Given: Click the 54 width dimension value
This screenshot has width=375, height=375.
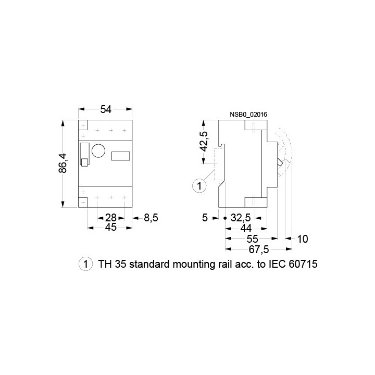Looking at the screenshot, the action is (106, 109).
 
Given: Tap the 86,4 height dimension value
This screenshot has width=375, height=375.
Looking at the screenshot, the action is (63, 163).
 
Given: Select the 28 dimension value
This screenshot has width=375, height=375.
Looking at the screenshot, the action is (111, 218).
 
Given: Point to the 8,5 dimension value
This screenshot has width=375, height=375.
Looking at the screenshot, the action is (151, 218).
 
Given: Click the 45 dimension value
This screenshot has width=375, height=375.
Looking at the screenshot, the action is (111, 227).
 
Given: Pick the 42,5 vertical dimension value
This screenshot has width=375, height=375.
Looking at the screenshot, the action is (204, 141).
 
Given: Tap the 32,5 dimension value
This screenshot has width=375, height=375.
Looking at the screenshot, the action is (241, 218).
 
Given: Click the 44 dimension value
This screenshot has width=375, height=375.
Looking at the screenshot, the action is (246, 229).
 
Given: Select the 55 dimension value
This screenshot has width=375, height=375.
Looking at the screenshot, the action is (252, 239).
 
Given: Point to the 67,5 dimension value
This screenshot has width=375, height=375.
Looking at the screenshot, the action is (259, 249).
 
